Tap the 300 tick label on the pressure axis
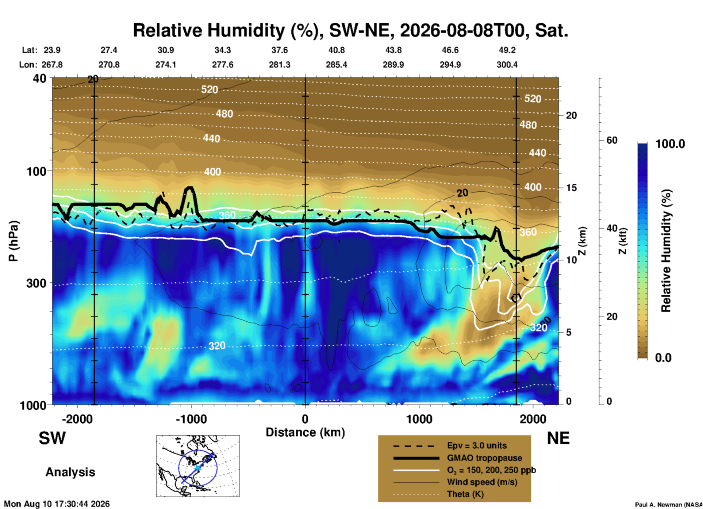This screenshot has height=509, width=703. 36,283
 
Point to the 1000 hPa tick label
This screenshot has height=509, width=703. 31,405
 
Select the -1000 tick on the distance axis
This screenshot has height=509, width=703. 191,419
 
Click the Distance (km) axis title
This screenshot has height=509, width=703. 305,432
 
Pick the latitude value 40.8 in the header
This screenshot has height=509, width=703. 337,50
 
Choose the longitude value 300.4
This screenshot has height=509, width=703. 507,65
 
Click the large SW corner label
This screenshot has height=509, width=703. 52,438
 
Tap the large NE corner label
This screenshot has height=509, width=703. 558,438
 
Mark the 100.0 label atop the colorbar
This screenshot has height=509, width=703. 670,144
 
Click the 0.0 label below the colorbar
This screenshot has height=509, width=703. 663,358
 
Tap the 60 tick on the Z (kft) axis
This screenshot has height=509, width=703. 612,140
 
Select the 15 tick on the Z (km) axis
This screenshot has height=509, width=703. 571,188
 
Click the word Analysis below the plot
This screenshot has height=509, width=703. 70,472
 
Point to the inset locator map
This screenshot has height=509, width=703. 198,466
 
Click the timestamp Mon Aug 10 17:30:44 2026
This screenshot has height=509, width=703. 57,504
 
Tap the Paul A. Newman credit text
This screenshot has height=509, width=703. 669,505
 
